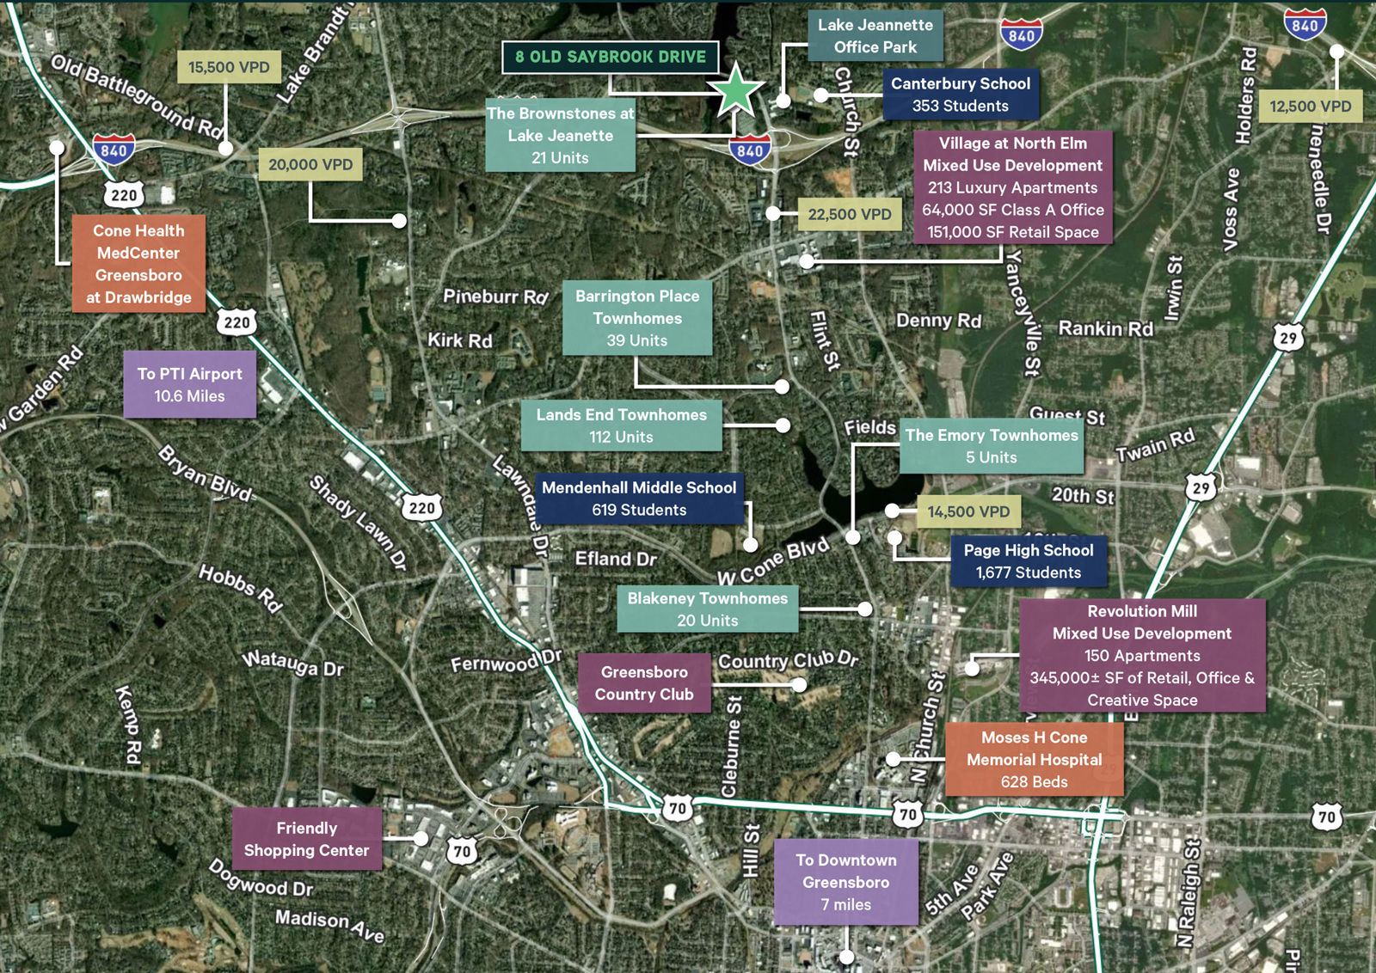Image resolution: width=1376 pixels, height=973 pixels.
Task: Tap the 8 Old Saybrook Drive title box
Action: (611, 57)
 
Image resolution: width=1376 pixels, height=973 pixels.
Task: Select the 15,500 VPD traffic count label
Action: (229, 67)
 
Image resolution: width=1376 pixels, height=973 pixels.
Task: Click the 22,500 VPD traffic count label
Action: (849, 214)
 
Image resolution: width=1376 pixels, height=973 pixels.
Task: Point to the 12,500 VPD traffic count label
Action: (1310, 107)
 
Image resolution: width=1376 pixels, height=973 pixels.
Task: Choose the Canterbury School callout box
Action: (960, 95)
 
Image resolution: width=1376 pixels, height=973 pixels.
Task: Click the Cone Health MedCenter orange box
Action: (138, 263)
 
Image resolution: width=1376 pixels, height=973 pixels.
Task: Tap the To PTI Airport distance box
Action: (189, 384)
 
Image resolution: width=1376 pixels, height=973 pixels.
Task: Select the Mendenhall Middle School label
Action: (639, 499)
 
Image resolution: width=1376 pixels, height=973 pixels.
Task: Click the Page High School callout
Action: (1029, 561)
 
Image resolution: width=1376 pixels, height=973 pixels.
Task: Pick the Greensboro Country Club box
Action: (644, 682)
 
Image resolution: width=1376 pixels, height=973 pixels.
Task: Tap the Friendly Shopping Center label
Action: (306, 839)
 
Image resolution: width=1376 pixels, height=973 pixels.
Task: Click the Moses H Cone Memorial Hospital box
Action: (1034, 759)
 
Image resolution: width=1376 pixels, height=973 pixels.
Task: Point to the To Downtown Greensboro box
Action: (845, 882)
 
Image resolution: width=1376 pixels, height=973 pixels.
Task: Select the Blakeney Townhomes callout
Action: (707, 609)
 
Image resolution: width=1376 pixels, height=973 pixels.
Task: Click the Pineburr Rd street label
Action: (495, 297)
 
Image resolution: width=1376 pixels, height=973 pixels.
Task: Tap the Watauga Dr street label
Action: (292, 663)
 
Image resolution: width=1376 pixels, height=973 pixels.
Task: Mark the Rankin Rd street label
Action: (1105, 328)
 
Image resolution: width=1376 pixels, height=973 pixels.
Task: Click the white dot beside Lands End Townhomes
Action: (783, 425)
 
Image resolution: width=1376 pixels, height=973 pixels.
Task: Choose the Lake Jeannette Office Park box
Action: (875, 36)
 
